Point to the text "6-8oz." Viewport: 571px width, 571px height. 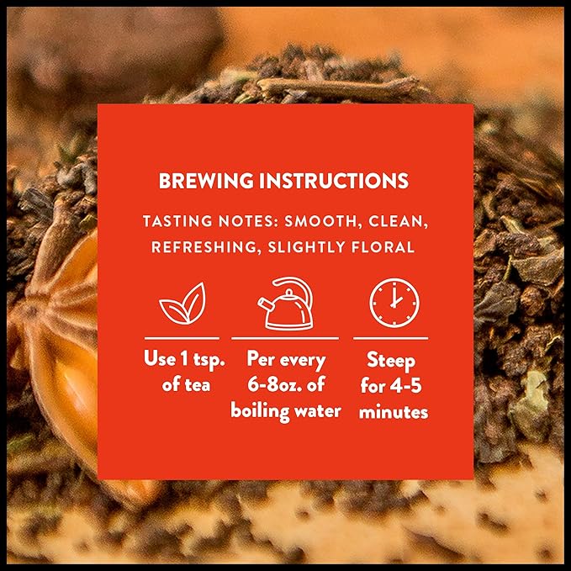(x=270, y=385)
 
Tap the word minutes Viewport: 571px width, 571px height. (x=393, y=412)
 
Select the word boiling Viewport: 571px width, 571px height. (x=262, y=410)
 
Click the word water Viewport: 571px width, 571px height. (x=318, y=410)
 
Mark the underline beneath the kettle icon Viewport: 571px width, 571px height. (x=285, y=338)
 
